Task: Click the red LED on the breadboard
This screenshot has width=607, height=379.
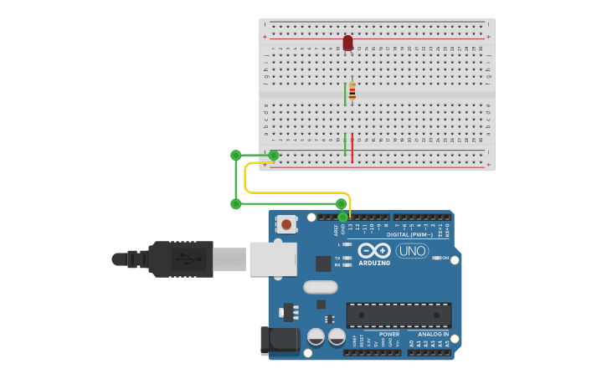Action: [347, 43]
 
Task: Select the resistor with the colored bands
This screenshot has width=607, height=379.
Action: [352, 91]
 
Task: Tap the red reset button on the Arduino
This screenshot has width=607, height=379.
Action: [286, 224]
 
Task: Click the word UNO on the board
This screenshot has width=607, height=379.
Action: [412, 251]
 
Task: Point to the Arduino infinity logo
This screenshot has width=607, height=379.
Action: [374, 250]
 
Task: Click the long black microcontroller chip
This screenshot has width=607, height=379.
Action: [399, 315]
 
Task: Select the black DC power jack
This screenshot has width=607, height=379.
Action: [280, 341]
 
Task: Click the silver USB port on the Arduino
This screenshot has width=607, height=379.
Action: [273, 259]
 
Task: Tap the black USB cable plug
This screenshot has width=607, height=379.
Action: [180, 259]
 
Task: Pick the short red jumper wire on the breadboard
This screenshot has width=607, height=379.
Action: [352, 148]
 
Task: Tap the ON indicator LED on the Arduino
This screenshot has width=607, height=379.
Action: [435, 258]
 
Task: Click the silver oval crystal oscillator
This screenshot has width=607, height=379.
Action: [320, 287]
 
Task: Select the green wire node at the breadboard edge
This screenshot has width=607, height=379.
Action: [274, 155]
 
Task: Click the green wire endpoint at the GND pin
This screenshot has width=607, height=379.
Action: [342, 217]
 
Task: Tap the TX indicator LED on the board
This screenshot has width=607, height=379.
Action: [347, 258]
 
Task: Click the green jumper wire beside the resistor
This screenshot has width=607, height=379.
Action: [345, 94]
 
